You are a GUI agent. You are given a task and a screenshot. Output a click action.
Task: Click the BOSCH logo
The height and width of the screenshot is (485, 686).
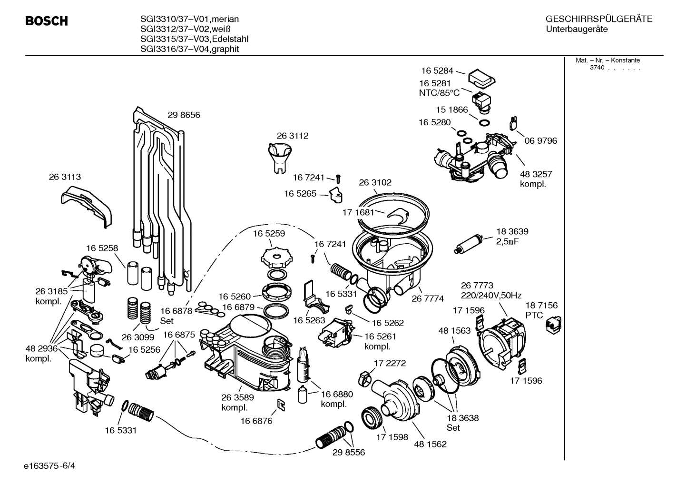[x=46, y=21]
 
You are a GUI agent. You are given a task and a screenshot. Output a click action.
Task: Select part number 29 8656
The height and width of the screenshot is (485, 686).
[x=184, y=115]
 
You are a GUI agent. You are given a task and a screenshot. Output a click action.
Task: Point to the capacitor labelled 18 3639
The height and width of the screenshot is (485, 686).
[x=471, y=242]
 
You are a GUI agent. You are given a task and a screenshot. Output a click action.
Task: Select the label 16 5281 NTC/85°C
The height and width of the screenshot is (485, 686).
[x=439, y=88]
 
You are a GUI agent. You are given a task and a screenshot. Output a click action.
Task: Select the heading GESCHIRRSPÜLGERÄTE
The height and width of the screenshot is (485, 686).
[x=598, y=19]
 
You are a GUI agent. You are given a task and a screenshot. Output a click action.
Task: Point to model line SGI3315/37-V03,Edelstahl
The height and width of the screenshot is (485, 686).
[x=194, y=39]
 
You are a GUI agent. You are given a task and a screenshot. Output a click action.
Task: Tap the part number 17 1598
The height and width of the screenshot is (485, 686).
[x=392, y=437]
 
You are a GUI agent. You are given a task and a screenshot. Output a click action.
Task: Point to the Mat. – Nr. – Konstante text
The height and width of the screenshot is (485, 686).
[x=608, y=60]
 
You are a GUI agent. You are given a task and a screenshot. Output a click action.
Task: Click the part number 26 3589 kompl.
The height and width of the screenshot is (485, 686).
[x=237, y=403]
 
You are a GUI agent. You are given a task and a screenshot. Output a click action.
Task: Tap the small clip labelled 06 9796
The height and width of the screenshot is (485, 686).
[x=513, y=122]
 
